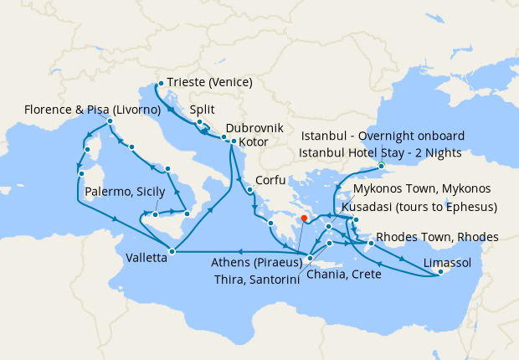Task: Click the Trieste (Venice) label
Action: [209, 83]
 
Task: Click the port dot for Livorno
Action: [110, 122]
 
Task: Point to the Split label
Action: [203, 110]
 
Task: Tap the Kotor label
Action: [254, 143]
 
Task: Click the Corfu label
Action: [277, 180]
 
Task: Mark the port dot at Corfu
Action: [249, 189]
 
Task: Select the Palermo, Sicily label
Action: [126, 193]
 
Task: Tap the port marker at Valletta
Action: [172, 250]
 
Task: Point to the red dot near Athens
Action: [304, 219]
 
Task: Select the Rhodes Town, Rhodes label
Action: [438, 237]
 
